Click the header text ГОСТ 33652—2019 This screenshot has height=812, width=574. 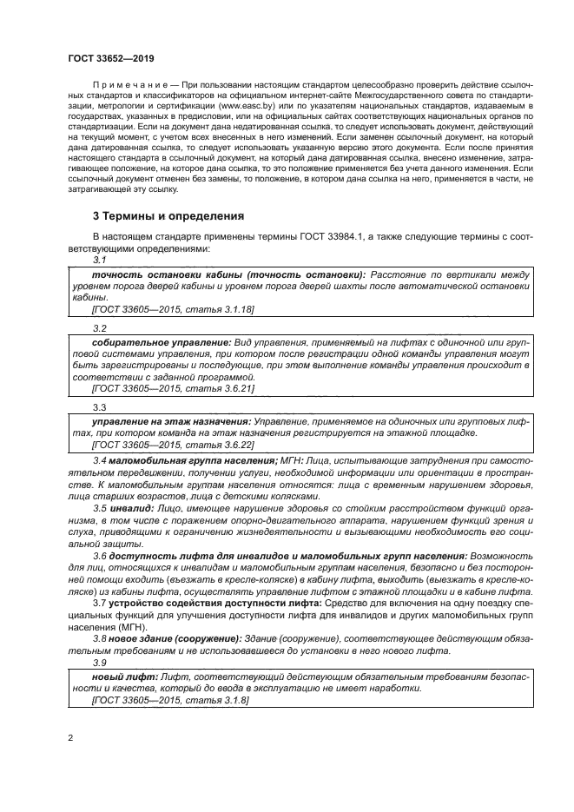point(105,59)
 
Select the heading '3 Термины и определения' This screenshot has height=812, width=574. point(168,215)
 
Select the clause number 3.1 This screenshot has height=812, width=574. point(99,260)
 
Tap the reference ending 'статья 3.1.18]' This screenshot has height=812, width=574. point(173,307)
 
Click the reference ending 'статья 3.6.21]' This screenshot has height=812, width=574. point(173,389)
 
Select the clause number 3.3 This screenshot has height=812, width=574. point(99,407)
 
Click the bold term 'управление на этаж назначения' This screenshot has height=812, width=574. point(162,420)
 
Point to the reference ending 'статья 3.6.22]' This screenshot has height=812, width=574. point(173,443)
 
